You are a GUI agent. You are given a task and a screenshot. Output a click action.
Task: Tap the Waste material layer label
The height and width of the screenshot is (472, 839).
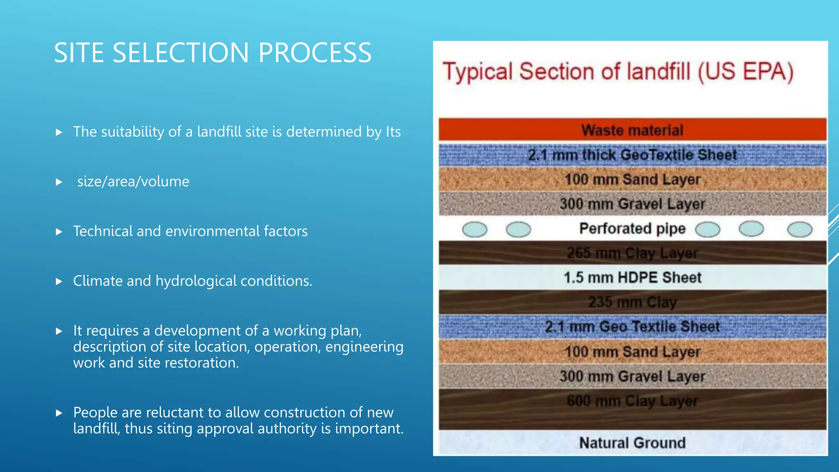click(632, 130)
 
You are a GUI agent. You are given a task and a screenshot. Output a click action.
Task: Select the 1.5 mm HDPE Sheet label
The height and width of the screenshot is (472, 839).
click(632, 278)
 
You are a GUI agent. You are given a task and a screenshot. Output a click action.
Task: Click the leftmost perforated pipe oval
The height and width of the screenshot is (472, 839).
click(474, 229)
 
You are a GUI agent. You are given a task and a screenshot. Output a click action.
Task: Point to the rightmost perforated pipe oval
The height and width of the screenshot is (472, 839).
click(800, 229)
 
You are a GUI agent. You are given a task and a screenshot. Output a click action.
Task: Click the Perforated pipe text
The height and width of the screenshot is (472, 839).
click(632, 229)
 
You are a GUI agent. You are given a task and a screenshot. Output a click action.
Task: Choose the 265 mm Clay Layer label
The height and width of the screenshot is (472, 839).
click(632, 253)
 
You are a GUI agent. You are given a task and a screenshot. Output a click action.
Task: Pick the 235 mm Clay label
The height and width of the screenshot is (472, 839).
click(632, 302)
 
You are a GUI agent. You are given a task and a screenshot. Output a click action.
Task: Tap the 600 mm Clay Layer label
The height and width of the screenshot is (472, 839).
click(632, 401)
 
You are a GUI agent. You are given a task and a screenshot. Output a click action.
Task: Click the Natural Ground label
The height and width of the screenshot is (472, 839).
click(632, 443)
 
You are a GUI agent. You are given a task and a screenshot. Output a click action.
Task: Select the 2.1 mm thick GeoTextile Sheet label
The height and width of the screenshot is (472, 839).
click(632, 155)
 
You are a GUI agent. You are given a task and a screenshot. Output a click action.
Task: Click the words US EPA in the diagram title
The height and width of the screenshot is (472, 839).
click(746, 72)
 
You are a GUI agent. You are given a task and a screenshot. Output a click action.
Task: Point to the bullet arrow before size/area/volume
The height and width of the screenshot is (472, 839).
click(59, 182)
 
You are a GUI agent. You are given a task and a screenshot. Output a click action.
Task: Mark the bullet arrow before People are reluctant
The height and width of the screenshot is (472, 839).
click(59, 413)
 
